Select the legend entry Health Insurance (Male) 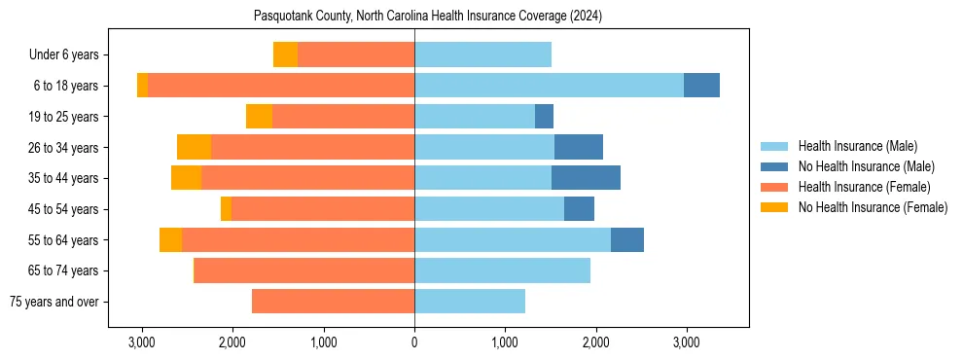pos(857,146)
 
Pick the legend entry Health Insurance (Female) pos(864,187)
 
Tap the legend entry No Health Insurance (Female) pos(872,207)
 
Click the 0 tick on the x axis pos(414,342)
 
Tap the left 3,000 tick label pos(142,342)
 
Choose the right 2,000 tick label pos(595,342)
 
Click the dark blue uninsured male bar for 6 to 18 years pos(701,86)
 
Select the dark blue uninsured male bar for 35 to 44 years pos(586,178)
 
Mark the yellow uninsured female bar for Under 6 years pos(285,54)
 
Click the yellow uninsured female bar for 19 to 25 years pos(259,117)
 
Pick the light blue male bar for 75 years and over pos(470,302)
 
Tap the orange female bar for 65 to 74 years pos(303,270)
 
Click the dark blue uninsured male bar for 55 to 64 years pos(627,239)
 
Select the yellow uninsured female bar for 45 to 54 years pos(226,209)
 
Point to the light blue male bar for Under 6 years pos(482,54)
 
